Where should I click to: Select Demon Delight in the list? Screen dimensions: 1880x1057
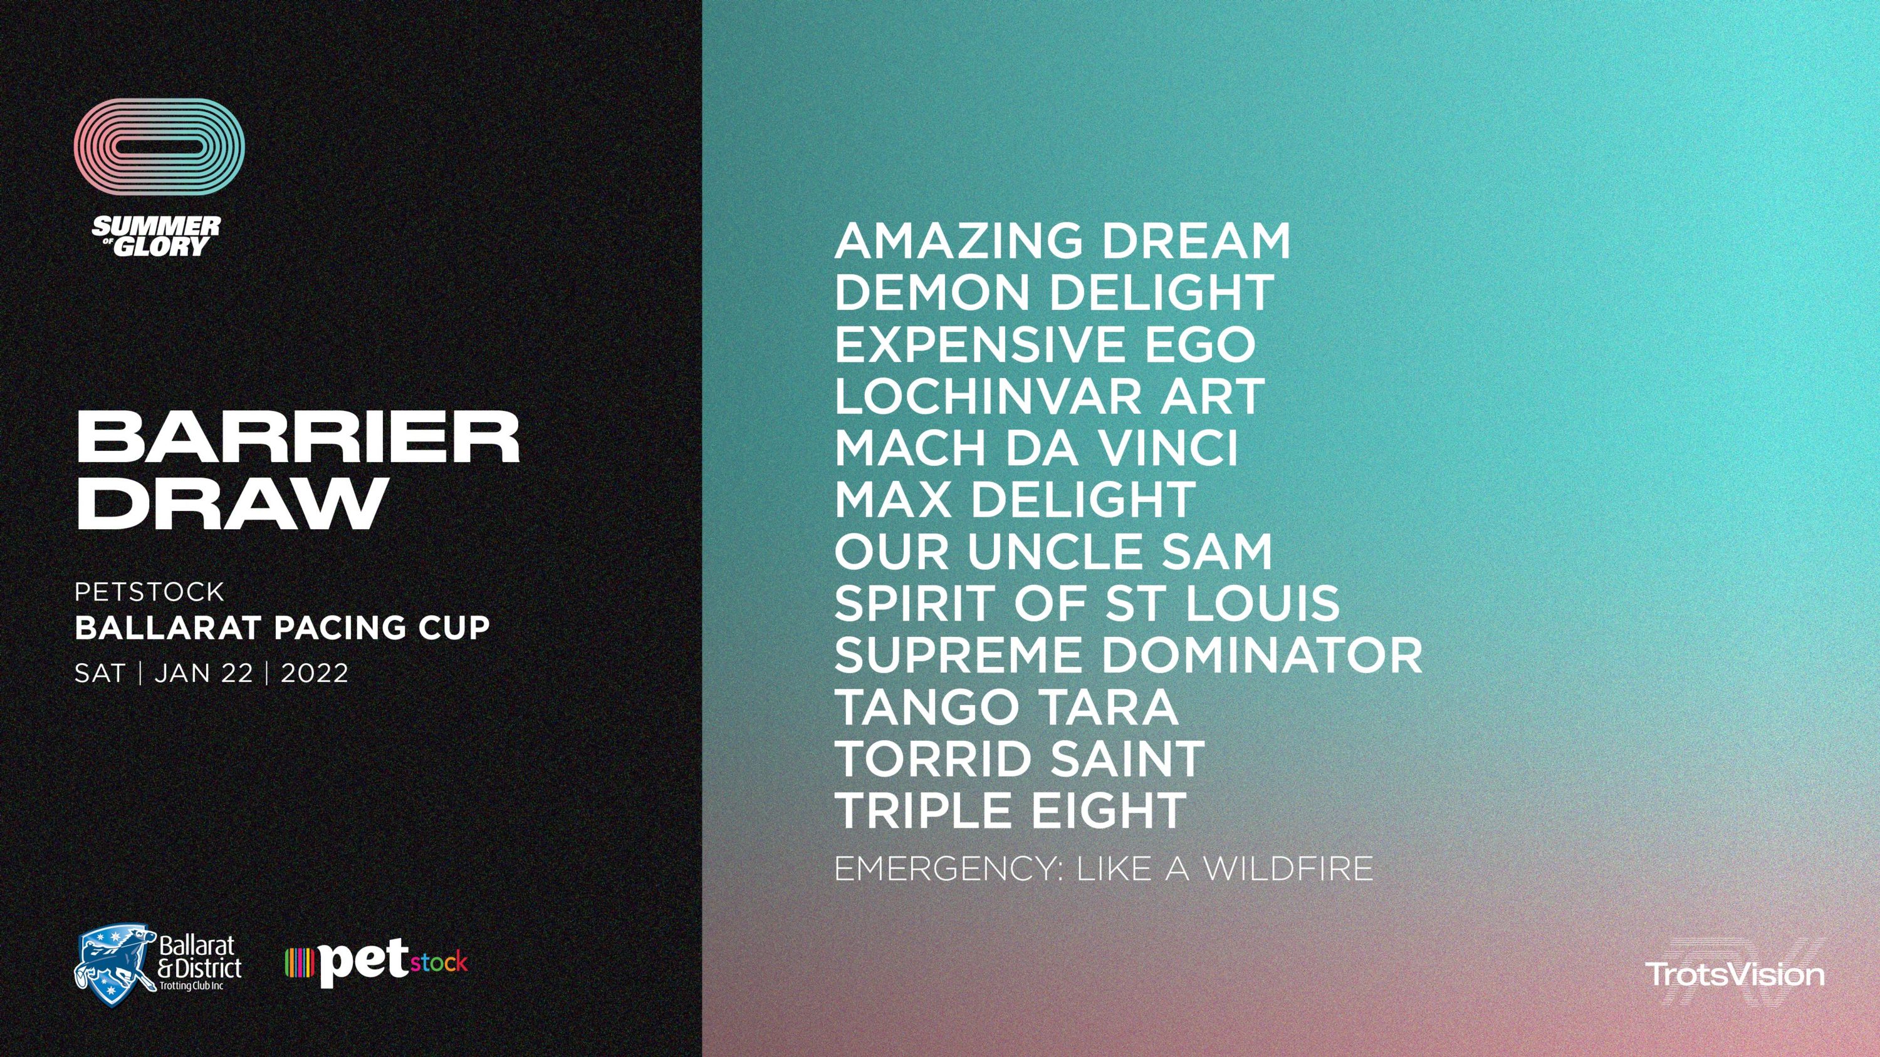[1054, 292]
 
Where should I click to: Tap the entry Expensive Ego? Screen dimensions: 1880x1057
[1045, 344]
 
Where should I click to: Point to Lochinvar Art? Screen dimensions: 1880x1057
[1049, 396]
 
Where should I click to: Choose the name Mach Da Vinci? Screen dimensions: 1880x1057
[1037, 448]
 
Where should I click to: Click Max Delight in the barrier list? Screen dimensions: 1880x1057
[1015, 500]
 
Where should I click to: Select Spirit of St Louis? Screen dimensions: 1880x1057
[1087, 603]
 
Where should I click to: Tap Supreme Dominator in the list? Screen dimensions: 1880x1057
[1128, 655]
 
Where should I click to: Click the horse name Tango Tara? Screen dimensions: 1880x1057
[1006, 707]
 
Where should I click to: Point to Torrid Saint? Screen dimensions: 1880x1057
[1019, 759]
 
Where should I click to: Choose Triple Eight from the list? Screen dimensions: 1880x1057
[1010, 810]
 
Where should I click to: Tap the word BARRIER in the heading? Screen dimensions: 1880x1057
[298, 438]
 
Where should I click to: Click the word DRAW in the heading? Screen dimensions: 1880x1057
[231, 503]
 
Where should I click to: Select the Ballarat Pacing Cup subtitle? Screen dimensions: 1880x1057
[283, 628]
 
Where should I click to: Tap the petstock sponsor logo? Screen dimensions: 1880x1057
[376, 964]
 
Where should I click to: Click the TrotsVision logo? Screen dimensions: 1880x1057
[1735, 974]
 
